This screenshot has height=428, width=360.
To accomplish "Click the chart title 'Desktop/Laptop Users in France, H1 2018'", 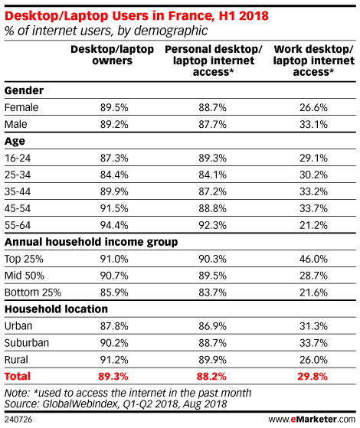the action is point(136,16).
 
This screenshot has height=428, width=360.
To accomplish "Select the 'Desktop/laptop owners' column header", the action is point(113,55).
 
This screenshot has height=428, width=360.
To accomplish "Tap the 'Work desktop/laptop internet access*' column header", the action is point(313,60).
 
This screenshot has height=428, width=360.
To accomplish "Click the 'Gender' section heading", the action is point(24,90).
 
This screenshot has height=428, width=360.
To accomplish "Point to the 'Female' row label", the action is point(21,107).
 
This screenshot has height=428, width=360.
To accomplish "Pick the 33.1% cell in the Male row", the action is point(313,125).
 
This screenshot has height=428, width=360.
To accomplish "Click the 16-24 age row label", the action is point(18,158).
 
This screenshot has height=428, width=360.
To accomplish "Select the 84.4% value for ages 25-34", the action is point(114,175).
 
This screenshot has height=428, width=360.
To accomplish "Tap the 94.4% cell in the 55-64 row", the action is point(114,225).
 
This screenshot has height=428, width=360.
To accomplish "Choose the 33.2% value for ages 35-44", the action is point(313,191).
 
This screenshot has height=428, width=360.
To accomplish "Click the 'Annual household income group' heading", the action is point(91,242).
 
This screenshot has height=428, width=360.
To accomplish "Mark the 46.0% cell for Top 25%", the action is point(313,259).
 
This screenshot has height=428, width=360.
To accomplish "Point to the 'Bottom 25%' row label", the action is point(33,292).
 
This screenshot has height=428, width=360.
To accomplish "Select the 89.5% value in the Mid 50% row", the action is point(212,276).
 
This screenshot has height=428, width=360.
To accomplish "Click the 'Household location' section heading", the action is point(56,309).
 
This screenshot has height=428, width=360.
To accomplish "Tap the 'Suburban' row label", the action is point(27,343).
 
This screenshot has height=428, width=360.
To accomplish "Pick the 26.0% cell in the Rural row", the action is point(313,360).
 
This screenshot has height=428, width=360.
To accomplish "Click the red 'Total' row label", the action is point(18,377).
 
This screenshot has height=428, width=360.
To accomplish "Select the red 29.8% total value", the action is point(313,377).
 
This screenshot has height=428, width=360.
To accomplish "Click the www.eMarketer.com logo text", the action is point(312,420).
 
